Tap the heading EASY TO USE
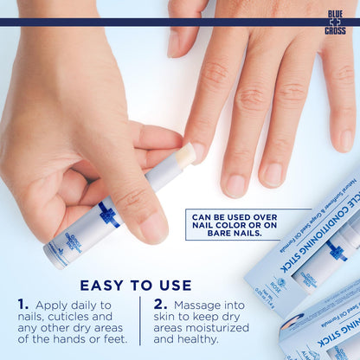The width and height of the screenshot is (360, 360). (136, 285)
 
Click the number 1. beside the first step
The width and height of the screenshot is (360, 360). (24, 305)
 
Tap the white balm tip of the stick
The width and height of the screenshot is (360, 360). (185, 155)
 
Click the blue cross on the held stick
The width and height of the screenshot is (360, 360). (108, 215)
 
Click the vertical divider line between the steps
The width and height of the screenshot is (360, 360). (140, 320)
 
